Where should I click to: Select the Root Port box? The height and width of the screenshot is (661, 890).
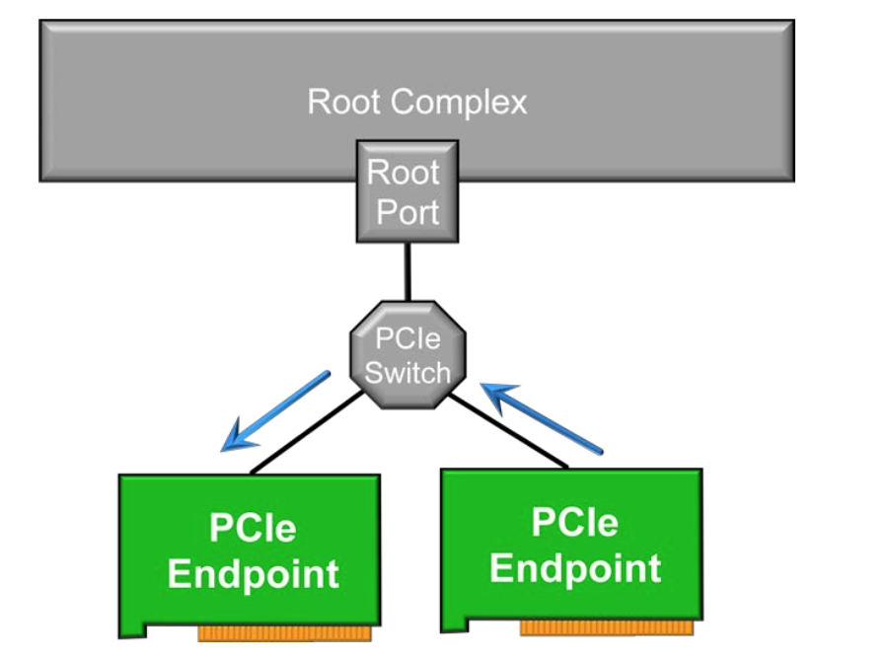[406, 191]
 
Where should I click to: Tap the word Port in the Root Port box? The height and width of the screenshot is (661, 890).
[407, 211]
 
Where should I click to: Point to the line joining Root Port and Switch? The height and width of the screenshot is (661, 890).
[406, 271]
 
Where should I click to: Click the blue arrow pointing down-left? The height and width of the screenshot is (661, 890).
[275, 410]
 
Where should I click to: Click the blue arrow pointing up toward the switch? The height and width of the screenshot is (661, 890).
[542, 418]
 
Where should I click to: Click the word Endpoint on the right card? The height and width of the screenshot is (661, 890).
[575, 567]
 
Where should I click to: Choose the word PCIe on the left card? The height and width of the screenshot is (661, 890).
[253, 528]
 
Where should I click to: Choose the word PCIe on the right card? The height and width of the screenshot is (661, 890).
[574, 522]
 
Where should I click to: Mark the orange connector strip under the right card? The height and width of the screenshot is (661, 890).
[606, 626]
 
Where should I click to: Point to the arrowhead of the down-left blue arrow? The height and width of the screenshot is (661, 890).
[232, 441]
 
